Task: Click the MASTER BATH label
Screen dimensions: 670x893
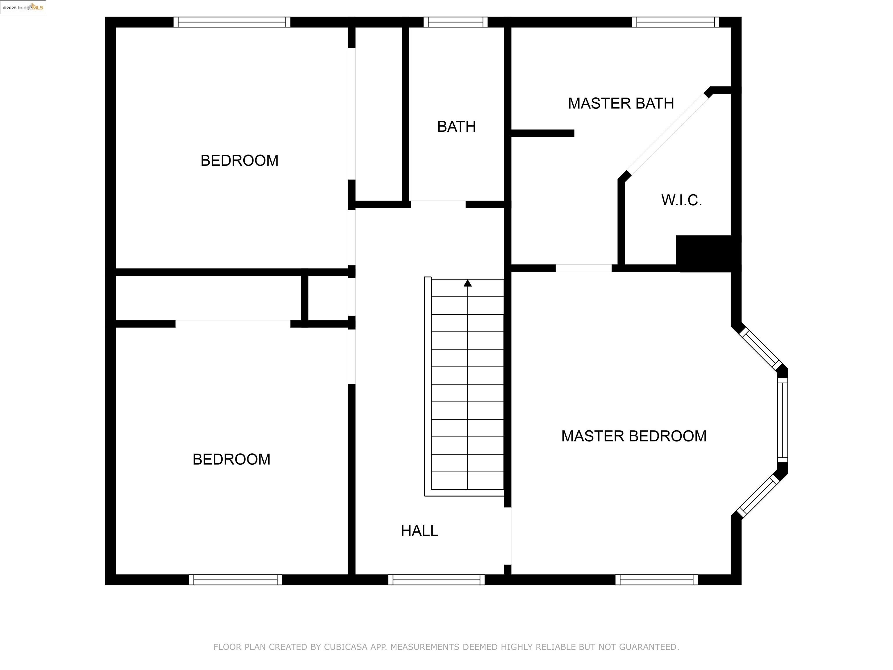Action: click(621, 104)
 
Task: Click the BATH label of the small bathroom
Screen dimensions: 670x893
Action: click(456, 127)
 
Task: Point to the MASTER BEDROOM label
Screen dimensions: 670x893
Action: click(633, 436)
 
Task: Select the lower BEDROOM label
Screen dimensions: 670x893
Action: click(231, 459)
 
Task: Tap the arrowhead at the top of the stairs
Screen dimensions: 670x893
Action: click(467, 283)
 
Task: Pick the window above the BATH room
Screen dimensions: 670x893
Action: click(456, 22)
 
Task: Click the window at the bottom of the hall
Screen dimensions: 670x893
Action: click(436, 580)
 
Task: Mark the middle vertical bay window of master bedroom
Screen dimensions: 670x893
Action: click(782, 420)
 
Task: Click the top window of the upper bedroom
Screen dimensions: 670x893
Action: click(232, 22)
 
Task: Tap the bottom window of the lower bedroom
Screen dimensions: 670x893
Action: click(235, 580)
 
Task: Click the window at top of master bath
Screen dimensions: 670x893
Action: click(675, 22)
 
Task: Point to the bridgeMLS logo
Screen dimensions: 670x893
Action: click(23, 7)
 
